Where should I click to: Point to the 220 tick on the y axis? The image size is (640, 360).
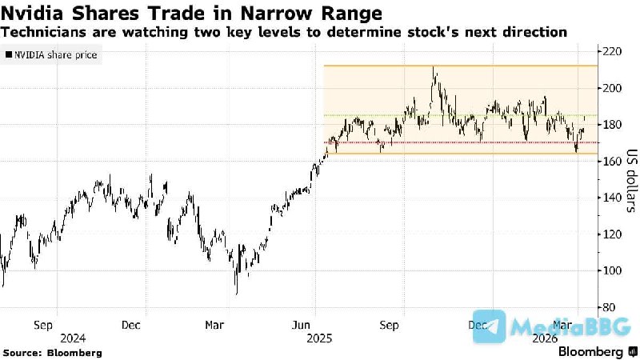[614, 51]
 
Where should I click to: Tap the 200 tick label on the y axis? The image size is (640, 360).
[614, 88]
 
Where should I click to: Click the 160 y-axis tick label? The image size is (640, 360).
[614, 162]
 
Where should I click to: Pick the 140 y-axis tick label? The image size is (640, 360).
[614, 198]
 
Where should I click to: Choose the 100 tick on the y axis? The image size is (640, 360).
[614, 270]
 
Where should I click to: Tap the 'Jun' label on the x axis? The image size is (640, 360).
[302, 325]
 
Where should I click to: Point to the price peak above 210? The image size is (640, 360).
[434, 69]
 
